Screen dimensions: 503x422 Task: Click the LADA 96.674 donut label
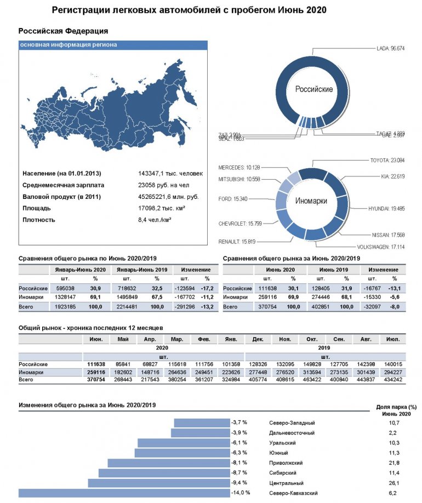point(390,48)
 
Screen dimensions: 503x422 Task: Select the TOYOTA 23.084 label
point(388,161)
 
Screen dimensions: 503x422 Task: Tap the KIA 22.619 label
point(392,176)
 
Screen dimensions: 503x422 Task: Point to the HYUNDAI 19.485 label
point(386,209)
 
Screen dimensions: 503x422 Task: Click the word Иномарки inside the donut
point(311,201)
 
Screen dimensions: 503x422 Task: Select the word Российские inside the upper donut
point(314,89)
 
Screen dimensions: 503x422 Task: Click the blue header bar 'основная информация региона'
point(113,45)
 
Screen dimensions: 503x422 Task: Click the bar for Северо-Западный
point(201,422)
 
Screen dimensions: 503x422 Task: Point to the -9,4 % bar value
point(239,483)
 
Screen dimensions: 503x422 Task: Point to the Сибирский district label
point(283,472)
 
